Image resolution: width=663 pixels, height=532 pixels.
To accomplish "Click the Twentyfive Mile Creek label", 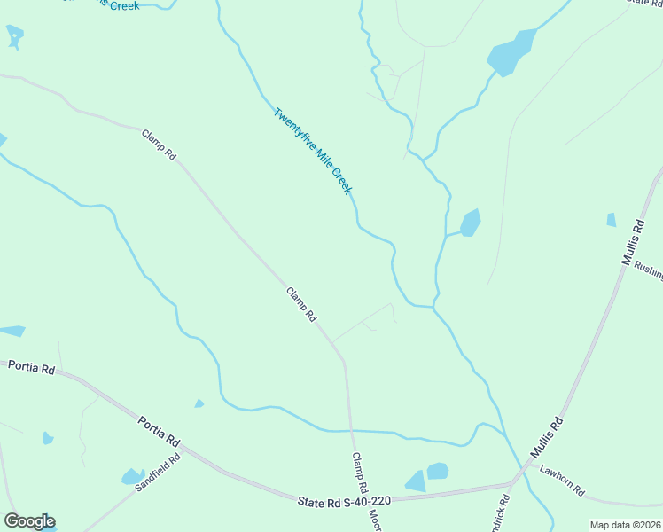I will (313, 152).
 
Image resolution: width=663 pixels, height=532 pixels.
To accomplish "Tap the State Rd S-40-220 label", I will (344, 502).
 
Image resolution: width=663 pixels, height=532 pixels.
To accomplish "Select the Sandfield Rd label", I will (158, 473).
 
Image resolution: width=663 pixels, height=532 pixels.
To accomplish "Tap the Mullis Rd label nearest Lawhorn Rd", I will (547, 437).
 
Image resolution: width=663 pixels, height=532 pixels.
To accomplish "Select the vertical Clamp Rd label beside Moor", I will (360, 473).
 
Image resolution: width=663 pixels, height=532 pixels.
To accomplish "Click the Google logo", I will (29, 521).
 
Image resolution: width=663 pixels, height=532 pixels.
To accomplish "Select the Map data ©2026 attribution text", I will (626, 525).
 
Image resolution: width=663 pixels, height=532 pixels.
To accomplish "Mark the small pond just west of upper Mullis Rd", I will (611, 219).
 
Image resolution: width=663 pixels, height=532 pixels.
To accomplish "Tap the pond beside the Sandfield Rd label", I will (133, 477).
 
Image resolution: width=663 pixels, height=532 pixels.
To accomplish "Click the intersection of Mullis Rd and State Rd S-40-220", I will (512, 484).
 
